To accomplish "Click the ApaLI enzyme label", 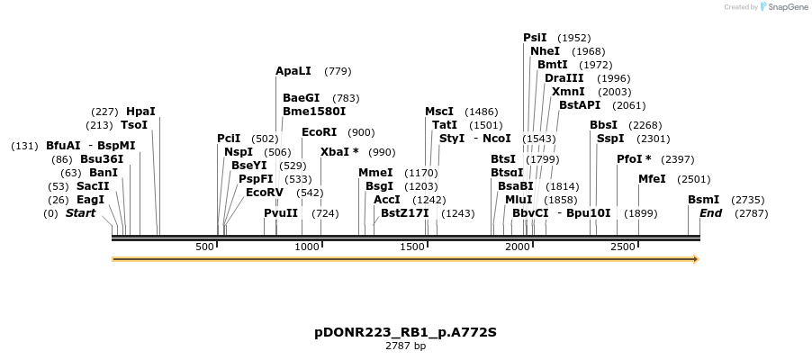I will coord(293,71).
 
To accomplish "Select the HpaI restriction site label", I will coord(140,112).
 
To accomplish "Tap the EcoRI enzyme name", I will coord(320,132).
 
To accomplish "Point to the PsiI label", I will coord(535,38).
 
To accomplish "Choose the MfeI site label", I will coord(652,179).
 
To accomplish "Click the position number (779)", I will coord(338,71).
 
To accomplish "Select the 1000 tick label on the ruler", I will coord(308,247).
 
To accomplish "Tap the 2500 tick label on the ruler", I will coord(623,247).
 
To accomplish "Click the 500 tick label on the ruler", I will coord(204,247).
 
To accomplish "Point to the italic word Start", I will coord(80,213).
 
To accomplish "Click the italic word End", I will coord(710,213).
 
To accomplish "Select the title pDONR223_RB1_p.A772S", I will coord(405,332).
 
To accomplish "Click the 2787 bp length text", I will coord(405,346).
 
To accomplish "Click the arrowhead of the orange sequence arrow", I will coord(694,259).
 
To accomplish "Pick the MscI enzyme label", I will coord(439,112).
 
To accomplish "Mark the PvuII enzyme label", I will coord(281,213).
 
